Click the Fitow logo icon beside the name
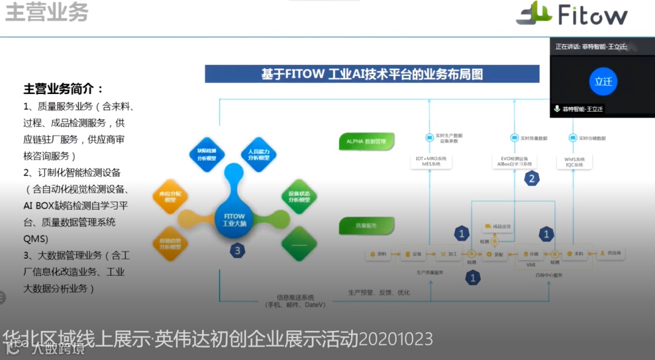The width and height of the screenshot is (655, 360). (534, 13)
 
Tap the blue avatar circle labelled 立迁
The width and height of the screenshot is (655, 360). (603, 81)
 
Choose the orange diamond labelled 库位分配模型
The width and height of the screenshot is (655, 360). (170, 196)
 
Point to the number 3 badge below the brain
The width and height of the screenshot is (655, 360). (238, 250)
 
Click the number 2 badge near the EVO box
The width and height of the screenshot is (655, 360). (532, 178)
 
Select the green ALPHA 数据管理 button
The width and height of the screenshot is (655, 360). (366, 141)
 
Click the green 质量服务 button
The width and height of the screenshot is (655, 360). (366, 225)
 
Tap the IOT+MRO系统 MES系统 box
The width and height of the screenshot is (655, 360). (430, 161)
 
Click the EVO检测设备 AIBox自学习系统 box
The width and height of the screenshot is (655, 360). (514, 161)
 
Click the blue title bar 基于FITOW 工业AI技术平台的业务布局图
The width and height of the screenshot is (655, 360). (372, 74)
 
